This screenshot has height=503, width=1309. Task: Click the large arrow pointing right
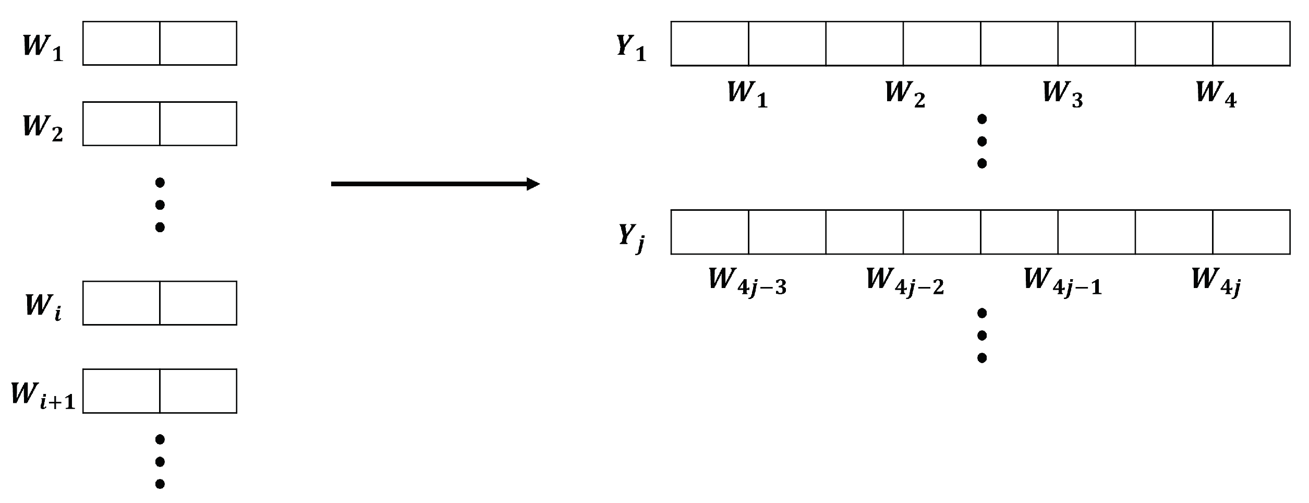click(435, 184)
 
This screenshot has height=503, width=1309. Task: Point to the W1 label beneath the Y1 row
click(747, 94)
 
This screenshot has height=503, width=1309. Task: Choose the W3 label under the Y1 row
click(1062, 94)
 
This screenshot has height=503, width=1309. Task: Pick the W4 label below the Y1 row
click(1216, 94)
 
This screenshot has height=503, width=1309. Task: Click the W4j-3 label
click(747, 281)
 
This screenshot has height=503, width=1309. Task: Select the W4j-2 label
click(905, 281)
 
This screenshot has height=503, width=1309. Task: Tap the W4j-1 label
click(1062, 281)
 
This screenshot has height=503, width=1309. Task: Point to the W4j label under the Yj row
click(1216, 281)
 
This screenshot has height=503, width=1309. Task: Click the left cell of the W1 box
click(121, 43)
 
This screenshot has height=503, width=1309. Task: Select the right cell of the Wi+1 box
click(198, 391)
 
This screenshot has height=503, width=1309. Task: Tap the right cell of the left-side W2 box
click(198, 124)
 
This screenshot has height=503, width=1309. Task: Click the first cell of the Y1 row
click(710, 44)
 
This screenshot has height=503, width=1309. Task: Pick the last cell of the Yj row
click(1251, 232)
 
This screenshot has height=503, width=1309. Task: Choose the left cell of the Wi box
click(121, 303)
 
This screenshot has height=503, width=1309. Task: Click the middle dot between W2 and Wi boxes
click(160, 205)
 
